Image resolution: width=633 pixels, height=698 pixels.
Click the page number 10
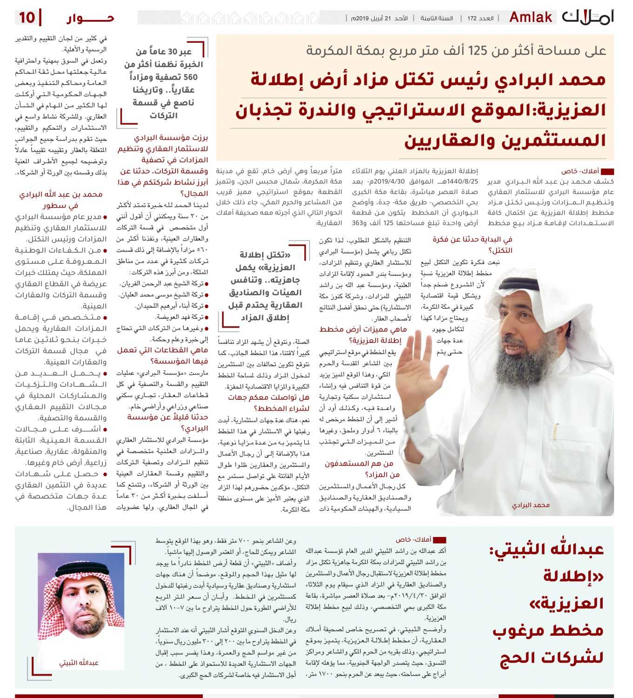pyautogui.click(x=27, y=18)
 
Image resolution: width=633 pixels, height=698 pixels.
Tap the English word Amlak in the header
pyautogui.click(x=531, y=18)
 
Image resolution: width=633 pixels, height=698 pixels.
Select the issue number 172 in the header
pyautogui.click(x=472, y=18)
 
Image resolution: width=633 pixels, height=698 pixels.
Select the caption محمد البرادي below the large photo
pyautogui.click(x=531, y=505)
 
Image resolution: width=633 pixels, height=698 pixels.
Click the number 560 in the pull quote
pyautogui.click(x=190, y=77)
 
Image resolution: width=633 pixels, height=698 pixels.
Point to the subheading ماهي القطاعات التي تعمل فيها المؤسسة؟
pyautogui.click(x=163, y=356)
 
